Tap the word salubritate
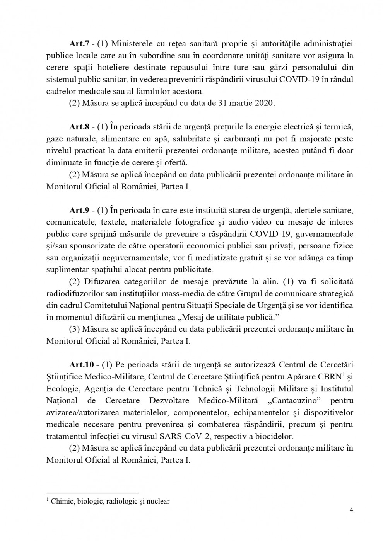222,139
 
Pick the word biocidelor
272,436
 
